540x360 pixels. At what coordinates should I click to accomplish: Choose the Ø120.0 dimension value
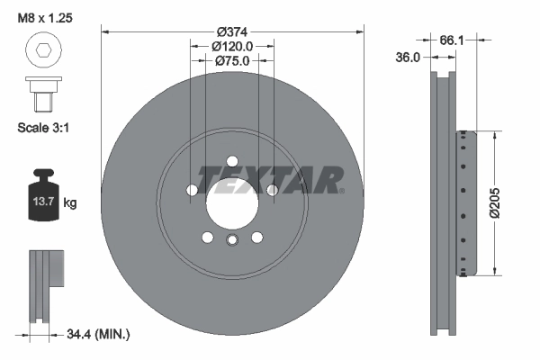232,45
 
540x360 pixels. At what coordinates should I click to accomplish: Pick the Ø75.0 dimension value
232,60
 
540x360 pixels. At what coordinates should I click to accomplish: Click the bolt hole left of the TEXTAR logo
192,190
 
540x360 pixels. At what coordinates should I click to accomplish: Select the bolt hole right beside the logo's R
273,190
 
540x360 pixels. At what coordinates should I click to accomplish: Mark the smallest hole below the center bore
232,239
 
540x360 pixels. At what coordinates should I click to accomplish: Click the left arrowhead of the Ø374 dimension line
105,31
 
